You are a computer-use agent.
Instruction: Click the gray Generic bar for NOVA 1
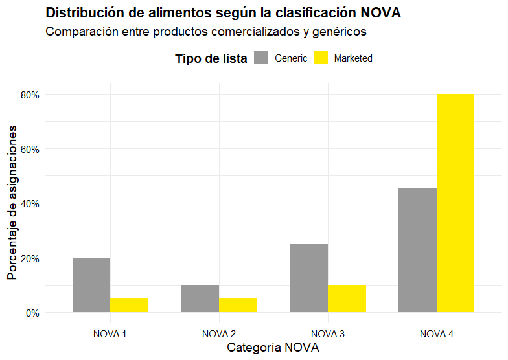click(91, 285)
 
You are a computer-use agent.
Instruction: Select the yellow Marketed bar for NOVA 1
click(130, 306)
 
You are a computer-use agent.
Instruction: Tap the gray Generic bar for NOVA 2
click(200, 298)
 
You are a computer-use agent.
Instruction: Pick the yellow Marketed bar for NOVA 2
click(238, 306)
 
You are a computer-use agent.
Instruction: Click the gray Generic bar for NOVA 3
click(308, 278)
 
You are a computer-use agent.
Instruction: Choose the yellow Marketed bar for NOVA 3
click(347, 298)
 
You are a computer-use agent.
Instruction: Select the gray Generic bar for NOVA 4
click(417, 251)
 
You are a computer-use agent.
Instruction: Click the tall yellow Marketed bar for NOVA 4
click(456, 203)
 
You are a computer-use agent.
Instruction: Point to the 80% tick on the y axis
click(30, 95)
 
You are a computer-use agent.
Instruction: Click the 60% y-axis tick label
click(30, 149)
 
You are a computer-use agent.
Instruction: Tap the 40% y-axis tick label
click(30, 203)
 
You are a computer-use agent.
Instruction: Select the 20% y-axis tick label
click(30, 258)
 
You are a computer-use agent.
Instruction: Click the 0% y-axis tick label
click(32, 313)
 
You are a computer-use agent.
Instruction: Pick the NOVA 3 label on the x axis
click(328, 334)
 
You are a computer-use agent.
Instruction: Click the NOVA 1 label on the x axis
click(110, 334)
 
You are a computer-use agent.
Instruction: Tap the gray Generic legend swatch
click(261, 58)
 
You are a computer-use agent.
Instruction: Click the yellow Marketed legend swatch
click(321, 58)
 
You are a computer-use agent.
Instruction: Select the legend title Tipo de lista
click(211, 58)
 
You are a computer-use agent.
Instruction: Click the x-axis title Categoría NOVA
click(273, 348)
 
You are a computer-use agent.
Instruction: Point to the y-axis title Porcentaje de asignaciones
click(12, 203)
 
